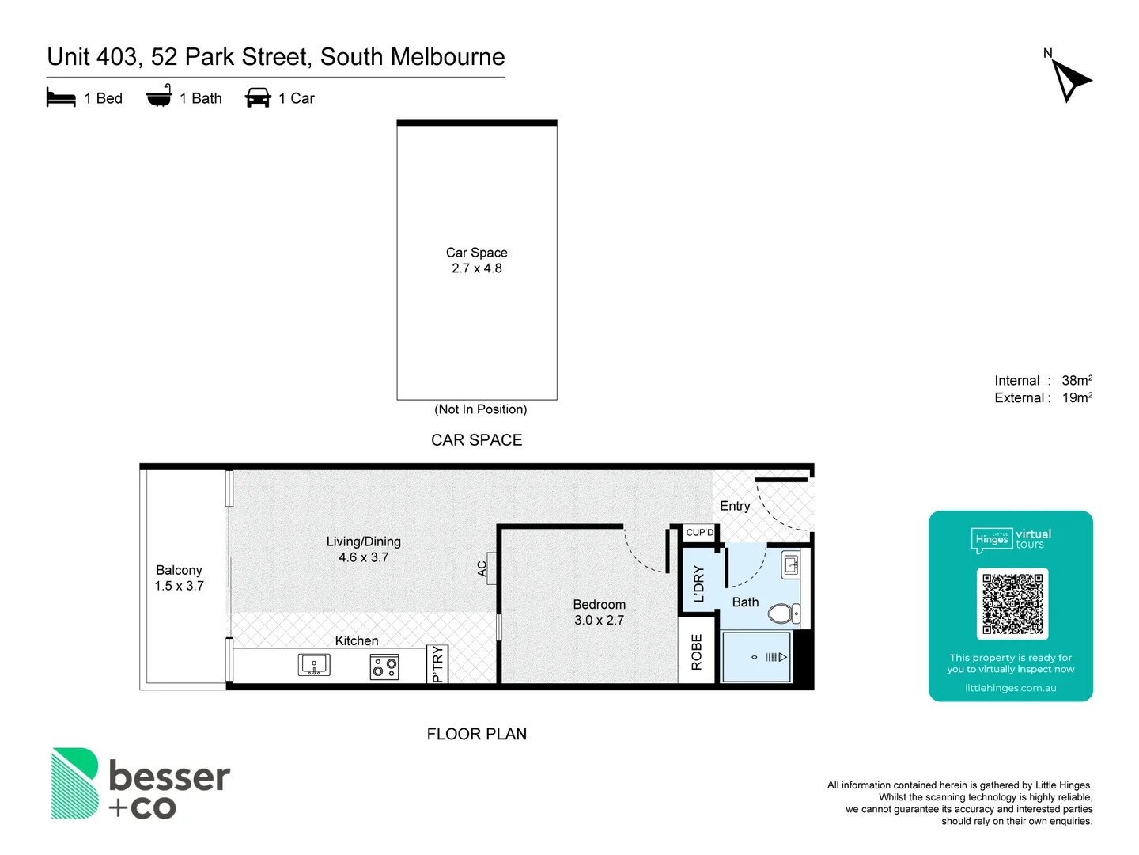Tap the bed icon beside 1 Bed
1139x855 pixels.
(61, 98)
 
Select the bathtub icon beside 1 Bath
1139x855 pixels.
(159, 97)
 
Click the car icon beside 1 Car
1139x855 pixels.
(258, 98)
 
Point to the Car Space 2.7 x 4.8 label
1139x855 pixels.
(476, 260)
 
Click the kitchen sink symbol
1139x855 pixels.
(314, 665)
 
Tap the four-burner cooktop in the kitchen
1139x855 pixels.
(385, 667)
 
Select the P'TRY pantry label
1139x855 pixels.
(438, 664)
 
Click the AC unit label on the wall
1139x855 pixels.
(482, 568)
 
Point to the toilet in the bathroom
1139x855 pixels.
(783, 614)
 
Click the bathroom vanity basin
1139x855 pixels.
(791, 564)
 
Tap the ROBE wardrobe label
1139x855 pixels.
(697, 652)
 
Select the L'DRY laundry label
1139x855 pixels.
(698, 584)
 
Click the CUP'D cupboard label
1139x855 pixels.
(699, 533)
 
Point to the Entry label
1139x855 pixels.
(735, 506)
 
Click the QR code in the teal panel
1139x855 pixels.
(1012, 603)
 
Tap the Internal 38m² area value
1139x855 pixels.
(1077, 381)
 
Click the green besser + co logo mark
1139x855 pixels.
(75, 783)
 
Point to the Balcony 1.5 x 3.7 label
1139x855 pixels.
(179, 578)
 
